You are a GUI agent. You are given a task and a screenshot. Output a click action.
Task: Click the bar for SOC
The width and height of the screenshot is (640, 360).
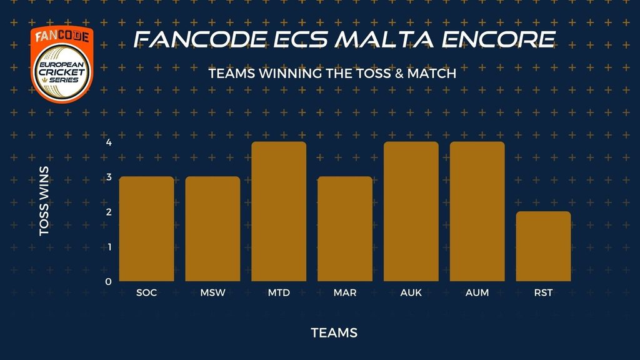(146, 229)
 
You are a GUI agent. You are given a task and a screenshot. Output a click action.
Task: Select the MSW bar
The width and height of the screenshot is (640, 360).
(212, 229)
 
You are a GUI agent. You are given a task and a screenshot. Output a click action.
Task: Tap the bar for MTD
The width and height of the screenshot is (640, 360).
(279, 211)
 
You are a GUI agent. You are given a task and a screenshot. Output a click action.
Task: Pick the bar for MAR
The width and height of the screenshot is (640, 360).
(345, 229)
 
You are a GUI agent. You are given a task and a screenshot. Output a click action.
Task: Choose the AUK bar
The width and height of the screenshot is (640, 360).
(411, 211)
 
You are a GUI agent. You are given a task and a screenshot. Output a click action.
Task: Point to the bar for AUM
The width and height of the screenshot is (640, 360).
(477, 211)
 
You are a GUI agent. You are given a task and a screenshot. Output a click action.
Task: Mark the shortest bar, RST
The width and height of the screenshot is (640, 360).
(543, 246)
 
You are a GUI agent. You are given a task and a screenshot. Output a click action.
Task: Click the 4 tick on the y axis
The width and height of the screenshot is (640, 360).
(109, 142)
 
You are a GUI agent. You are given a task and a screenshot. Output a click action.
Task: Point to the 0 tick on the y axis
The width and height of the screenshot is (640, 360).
(108, 282)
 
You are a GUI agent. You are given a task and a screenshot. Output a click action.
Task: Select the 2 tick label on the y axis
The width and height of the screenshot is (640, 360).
(109, 212)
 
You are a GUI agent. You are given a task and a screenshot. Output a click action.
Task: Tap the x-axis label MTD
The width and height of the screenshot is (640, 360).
(279, 292)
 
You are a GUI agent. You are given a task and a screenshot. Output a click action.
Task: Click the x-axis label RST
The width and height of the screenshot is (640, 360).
(543, 292)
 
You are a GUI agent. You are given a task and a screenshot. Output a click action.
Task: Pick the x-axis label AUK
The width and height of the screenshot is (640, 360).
(411, 292)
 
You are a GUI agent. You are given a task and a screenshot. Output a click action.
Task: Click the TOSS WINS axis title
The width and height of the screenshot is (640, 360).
(44, 201)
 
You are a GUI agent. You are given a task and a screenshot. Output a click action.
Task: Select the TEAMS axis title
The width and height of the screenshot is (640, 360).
(334, 333)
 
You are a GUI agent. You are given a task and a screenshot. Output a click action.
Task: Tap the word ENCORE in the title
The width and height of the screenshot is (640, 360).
(498, 39)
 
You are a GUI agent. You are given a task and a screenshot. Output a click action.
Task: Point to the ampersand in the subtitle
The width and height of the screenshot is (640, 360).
(399, 74)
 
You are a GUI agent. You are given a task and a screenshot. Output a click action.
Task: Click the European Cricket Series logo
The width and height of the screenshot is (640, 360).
(62, 64)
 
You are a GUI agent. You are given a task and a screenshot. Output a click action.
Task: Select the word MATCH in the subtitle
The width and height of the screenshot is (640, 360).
(432, 74)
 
